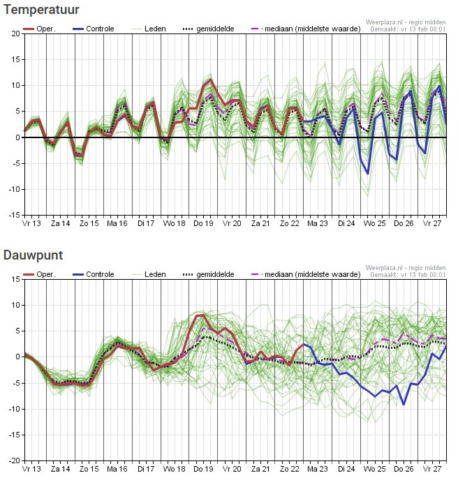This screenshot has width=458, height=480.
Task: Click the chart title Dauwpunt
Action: tap(33, 255)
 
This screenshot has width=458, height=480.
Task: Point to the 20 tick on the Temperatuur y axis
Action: tap(15, 33)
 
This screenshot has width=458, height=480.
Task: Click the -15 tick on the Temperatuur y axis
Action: tap(13, 215)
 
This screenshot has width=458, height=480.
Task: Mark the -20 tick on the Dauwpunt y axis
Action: tap(13, 460)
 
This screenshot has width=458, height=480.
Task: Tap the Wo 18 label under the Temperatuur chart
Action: tap(175, 224)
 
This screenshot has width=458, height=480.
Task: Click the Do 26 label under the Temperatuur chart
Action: tap(404, 224)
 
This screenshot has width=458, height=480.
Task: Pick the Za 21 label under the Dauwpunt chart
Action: tap(260, 470)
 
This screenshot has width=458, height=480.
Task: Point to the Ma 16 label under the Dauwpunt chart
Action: tap(117, 470)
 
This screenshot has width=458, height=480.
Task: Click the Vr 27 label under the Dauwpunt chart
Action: tap(432, 470)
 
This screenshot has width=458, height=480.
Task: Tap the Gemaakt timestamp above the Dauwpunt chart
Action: tap(406, 275)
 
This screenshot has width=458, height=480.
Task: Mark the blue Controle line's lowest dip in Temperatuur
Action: tap(368, 174)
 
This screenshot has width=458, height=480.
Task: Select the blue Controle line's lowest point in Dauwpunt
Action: tap(404, 404)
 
